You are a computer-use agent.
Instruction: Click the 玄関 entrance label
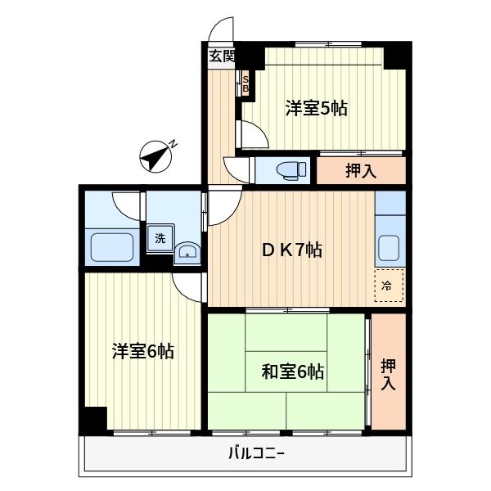pos(220,56)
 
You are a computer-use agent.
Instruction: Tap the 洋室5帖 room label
pos(316,107)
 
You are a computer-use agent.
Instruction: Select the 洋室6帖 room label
pos(142,351)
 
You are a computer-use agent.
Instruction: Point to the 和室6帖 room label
pos(293,372)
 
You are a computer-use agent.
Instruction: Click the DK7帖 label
pos(291,250)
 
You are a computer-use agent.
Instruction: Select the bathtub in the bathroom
pos(112,246)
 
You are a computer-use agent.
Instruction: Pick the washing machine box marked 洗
pos(160,239)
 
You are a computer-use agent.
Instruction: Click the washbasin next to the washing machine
pos(187,251)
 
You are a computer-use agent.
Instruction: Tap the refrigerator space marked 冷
pos(389,286)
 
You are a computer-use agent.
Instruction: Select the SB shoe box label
pos(245,83)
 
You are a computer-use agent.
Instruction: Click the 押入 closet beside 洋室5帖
pos(360,170)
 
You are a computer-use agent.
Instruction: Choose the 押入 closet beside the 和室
pos(388,372)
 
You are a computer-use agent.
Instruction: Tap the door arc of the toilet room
pos(239,169)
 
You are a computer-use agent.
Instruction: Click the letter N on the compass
pos(175,145)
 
